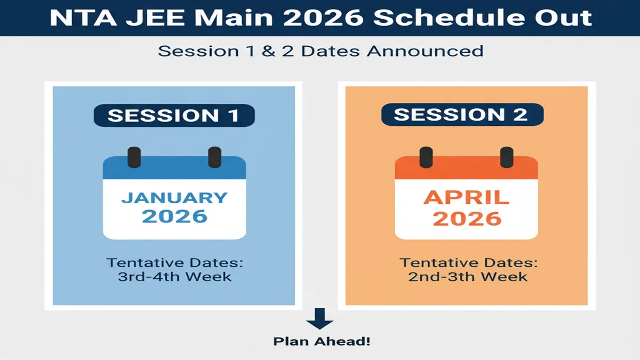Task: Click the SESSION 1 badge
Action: click(174, 116)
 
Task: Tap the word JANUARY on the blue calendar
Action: click(174, 197)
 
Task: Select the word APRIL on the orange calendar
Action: click(466, 198)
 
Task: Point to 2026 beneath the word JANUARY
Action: click(174, 217)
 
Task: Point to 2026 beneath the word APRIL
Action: click(466, 218)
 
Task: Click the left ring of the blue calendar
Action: click(134, 157)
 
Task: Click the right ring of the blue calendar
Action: click(214, 157)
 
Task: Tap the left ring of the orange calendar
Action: click(426, 157)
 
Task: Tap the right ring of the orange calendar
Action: click(506, 157)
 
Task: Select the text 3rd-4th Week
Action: click(174, 277)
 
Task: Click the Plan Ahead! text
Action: click(321, 341)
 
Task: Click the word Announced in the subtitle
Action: click(429, 51)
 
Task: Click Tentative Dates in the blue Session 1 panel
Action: click(174, 263)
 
